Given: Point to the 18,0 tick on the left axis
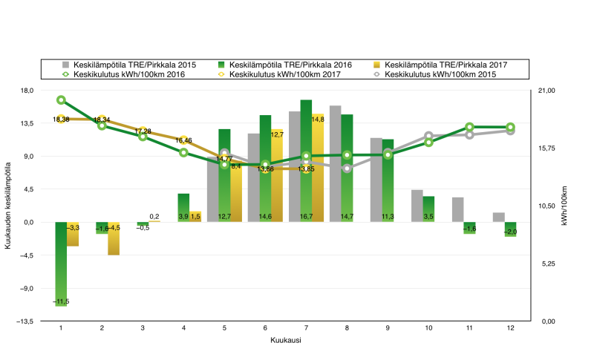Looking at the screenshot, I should (26, 91).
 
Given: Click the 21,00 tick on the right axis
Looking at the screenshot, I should (546, 91).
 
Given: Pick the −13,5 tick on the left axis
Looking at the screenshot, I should (25, 321).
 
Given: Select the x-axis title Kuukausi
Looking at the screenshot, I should (285, 341).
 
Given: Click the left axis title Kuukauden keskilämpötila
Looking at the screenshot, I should (9, 206).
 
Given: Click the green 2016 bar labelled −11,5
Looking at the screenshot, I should (61, 264).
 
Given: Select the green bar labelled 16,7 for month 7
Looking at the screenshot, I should (306, 160).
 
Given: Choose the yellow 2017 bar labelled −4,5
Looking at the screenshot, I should (114, 238).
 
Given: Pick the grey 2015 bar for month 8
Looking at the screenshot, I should (336, 163).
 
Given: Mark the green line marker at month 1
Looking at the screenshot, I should (61, 100).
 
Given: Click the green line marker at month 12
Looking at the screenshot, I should (510, 128).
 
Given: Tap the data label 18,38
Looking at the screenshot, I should (61, 120).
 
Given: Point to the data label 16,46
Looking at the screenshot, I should (183, 140).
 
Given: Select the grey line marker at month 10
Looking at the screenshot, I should (428, 136).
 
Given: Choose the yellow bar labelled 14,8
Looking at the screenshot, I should (318, 168).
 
